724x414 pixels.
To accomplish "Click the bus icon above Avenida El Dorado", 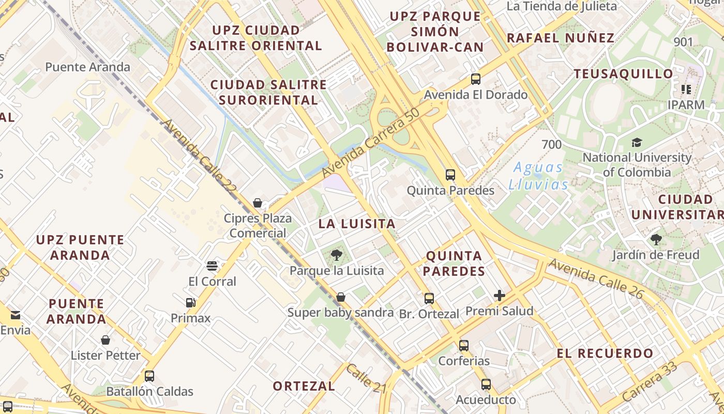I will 476,79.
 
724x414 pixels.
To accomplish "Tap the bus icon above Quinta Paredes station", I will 450,175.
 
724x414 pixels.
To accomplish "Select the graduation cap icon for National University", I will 637,142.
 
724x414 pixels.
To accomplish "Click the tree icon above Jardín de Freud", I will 656,240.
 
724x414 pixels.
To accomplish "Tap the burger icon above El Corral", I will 212,266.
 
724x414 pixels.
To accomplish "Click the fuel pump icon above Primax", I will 191,303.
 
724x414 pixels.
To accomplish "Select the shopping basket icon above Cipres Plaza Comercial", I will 258,203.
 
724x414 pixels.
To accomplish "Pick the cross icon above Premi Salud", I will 500,295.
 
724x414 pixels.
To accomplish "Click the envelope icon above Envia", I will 15,315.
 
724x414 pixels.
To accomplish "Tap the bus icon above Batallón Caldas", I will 149,376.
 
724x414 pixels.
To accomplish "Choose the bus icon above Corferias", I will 464,345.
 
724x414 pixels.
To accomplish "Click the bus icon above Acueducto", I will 486,385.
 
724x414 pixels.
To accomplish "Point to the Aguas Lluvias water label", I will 538,176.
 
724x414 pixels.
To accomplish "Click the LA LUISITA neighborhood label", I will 357,224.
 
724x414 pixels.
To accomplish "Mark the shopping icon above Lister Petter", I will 105,340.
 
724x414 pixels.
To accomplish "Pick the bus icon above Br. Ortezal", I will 429,299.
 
